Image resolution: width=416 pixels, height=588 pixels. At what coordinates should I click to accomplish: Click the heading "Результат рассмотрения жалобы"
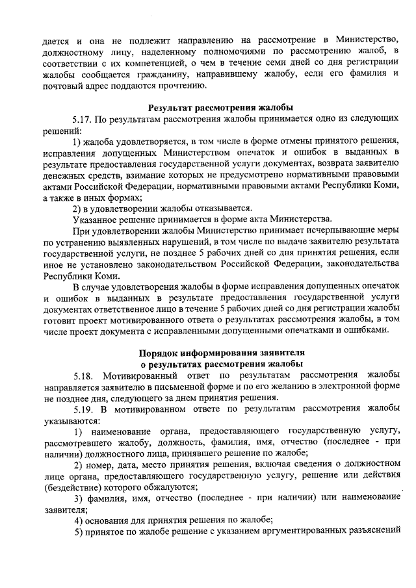click(221, 108)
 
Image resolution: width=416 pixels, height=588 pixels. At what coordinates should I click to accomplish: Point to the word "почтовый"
click(62, 85)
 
